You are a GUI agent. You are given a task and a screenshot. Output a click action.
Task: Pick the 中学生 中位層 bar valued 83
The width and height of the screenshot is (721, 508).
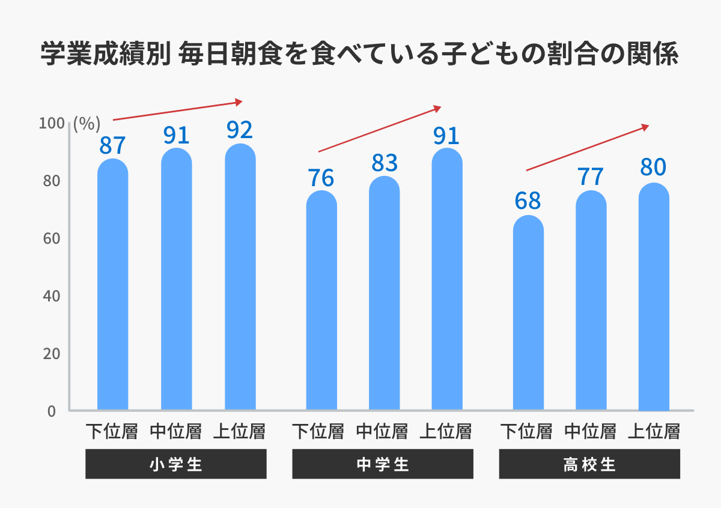click(x=384, y=294)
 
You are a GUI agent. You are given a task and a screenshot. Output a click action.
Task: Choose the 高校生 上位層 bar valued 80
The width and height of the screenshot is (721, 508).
click(x=654, y=297)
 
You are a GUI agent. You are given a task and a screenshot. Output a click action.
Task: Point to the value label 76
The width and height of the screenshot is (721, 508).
click(x=321, y=178)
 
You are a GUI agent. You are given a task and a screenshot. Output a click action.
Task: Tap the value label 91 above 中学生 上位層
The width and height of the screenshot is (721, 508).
click(x=446, y=136)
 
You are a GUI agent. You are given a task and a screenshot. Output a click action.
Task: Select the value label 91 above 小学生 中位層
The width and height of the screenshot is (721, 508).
click(x=176, y=135)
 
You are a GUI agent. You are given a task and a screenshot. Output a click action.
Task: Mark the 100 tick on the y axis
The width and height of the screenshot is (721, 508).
click(x=50, y=124)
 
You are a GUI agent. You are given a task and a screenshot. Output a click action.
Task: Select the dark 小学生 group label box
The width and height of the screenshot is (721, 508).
click(x=176, y=465)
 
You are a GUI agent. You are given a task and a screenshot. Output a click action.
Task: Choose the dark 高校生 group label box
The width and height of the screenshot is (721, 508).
click(x=589, y=465)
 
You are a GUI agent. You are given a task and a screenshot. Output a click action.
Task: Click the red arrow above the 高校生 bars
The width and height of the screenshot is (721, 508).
click(x=588, y=148)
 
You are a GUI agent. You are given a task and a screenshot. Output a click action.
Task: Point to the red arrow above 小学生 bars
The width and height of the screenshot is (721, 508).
click(x=177, y=110)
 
